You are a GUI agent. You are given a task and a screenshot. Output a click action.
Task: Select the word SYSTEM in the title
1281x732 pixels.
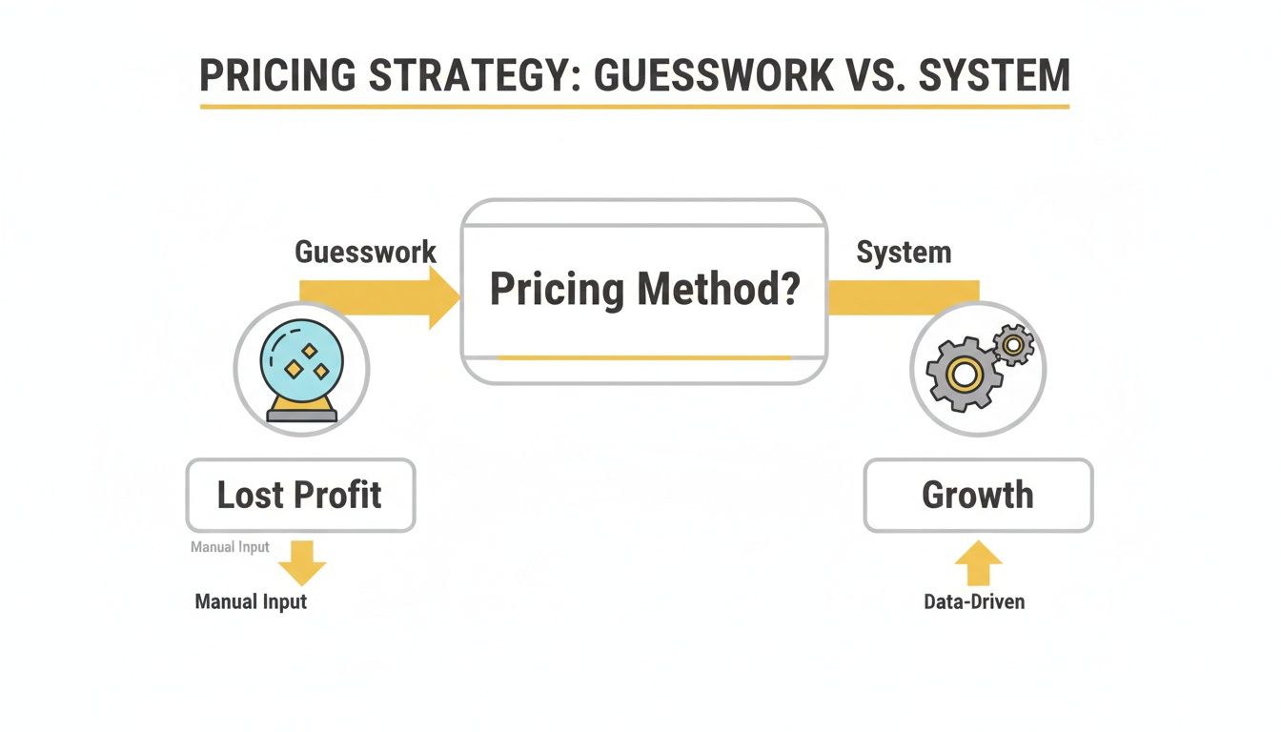coord(994,74)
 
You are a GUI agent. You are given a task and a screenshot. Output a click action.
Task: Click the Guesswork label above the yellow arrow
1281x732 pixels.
coord(365,253)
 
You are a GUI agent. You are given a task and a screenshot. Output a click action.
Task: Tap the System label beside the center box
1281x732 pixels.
coord(904,253)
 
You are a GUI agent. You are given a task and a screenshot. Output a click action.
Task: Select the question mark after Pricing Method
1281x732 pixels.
coord(787,289)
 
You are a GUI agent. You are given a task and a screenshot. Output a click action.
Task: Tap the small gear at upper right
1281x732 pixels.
coord(1012,343)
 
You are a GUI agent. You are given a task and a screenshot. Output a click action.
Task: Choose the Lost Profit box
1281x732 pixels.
coord(300,495)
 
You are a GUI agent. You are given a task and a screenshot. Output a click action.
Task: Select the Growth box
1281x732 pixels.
coord(978,495)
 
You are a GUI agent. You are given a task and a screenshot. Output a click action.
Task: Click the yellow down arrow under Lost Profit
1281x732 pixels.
coord(302,563)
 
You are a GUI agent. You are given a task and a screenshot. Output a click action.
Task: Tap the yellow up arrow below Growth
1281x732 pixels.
coord(978,563)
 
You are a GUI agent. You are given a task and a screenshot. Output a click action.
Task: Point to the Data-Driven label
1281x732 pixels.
coord(974,601)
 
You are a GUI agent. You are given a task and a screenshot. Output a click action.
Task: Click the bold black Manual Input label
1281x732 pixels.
coord(251,601)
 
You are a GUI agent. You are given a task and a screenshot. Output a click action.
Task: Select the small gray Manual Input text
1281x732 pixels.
coord(230,547)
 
